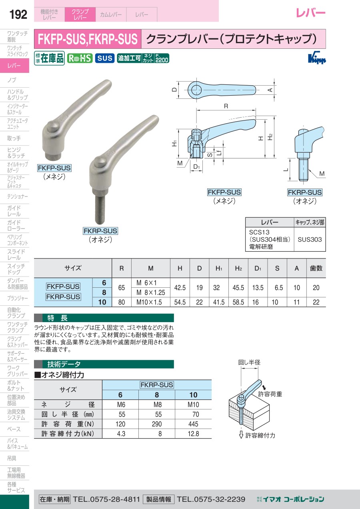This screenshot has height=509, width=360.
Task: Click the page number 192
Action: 18,14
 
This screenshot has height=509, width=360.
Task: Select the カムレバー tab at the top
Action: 111,14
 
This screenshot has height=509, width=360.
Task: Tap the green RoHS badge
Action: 80,58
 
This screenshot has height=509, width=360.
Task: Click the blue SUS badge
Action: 105,58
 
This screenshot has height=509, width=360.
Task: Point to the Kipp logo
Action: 317,58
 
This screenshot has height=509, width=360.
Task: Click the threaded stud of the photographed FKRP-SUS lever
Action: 100,209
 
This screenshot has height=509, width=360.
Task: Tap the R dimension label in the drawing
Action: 226,106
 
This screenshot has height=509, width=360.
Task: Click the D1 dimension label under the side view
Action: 196,167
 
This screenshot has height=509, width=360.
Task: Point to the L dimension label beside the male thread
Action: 286,170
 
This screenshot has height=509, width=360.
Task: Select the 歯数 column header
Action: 316,268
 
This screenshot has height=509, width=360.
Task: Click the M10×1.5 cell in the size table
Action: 149,302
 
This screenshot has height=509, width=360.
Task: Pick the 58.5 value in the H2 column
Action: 238,302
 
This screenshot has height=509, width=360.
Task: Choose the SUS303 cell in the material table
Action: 310,240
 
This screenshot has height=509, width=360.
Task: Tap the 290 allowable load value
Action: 157,424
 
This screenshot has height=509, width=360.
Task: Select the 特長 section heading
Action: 58,318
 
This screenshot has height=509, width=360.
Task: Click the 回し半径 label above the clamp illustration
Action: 249,362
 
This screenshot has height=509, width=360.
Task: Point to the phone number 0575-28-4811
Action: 115,499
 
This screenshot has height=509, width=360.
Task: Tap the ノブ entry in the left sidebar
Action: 12,80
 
